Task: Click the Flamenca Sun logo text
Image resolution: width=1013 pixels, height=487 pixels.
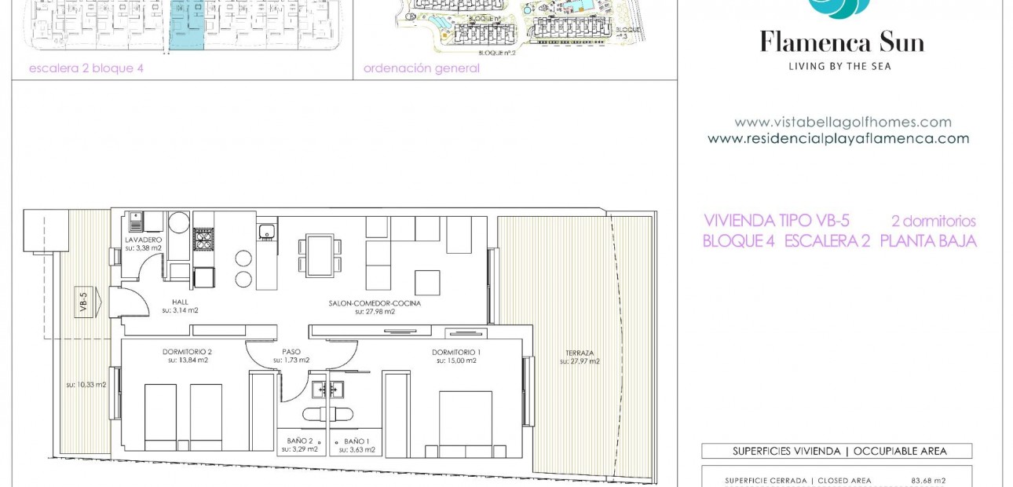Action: pos(842,42)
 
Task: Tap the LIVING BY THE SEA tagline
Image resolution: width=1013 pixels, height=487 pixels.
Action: pos(839,67)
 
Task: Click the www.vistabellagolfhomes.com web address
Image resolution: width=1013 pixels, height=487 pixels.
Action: pos(843,123)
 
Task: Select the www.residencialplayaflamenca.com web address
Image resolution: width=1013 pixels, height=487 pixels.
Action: pos(838,139)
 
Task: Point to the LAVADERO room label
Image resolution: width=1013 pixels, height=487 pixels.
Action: pos(143,240)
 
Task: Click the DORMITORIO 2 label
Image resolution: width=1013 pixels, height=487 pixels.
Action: pos(187,352)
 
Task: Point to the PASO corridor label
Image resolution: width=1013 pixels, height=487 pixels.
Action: pos(291,352)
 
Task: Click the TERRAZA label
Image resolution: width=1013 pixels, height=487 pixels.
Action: pos(580,353)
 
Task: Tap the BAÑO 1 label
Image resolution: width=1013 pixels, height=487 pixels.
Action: pos(357,441)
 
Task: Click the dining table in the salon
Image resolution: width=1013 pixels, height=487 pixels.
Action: pos(320,254)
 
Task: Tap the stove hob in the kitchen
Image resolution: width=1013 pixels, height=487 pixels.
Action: pos(203,240)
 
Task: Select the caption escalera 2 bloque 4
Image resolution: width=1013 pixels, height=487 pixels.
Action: pos(86,68)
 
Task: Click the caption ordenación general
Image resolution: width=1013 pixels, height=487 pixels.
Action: pos(421,68)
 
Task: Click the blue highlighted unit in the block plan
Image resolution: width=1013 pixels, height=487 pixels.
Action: pos(187,27)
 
